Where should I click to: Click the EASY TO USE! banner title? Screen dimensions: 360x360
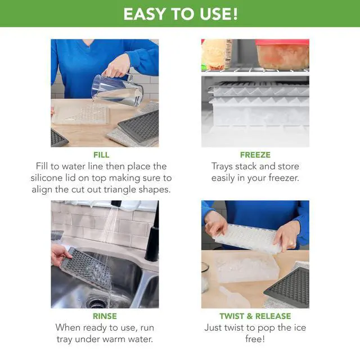181,14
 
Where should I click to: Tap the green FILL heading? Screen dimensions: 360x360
101,155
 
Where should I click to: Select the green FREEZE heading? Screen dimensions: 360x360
255,155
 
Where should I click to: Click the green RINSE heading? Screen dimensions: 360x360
105,316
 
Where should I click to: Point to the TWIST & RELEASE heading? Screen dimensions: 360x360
255,316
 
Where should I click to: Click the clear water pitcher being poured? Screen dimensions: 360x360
117,90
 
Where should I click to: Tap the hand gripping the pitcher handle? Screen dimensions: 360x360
116,66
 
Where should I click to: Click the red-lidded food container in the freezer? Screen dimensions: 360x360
282,54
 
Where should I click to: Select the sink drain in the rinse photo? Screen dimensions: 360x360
96,303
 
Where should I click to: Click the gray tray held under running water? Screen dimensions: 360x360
85,266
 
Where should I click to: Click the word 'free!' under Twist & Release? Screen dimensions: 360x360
255,339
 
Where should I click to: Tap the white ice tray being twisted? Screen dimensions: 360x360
247,239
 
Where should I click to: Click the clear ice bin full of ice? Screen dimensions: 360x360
246,266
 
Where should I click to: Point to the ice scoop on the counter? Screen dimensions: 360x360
234,298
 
